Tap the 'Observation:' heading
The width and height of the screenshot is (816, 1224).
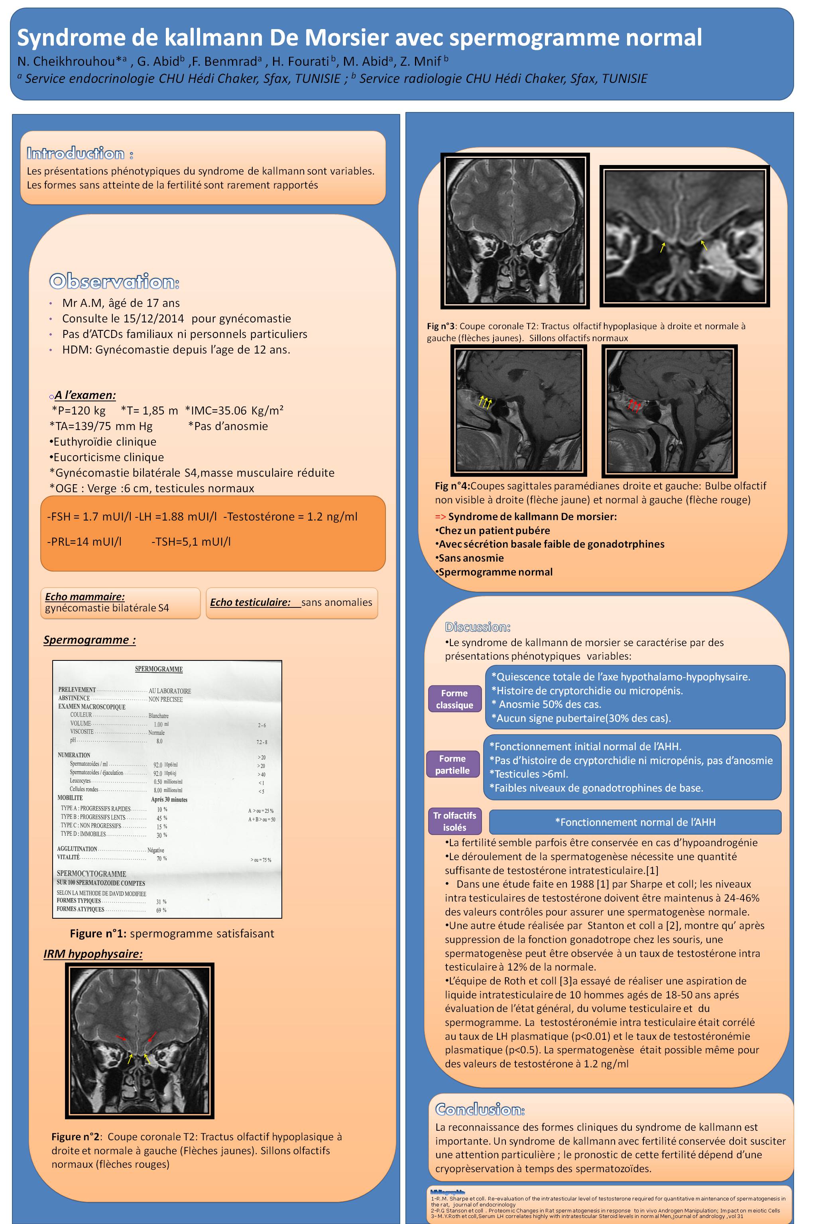pos(114,281)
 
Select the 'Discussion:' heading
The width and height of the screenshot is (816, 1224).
pos(477,627)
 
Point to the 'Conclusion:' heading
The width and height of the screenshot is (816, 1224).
pos(480,1110)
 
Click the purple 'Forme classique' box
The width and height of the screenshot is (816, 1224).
pos(454,699)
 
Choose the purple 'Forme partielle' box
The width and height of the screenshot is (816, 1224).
pos(452,764)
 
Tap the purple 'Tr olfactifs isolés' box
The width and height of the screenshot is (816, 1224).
pos(454,821)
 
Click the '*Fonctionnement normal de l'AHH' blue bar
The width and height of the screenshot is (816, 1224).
pos(635,822)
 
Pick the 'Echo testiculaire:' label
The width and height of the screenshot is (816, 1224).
pos(250,602)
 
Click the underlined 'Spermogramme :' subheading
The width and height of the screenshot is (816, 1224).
pos(90,640)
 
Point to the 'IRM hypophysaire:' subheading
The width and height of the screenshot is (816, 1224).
pos(92,953)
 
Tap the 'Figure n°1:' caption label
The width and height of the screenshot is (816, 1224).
pos(98,933)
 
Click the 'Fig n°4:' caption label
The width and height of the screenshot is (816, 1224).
pos(452,486)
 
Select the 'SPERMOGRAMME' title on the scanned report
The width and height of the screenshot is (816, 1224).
pos(159,669)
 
